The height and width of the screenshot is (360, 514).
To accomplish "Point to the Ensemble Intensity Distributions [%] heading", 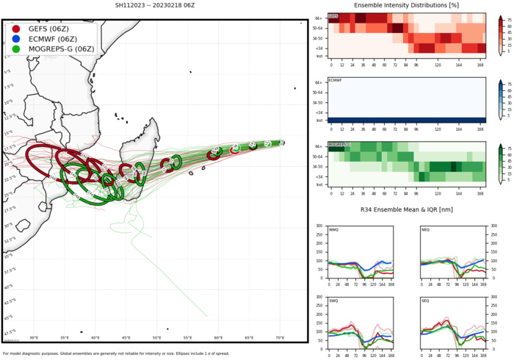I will (x=406, y=6).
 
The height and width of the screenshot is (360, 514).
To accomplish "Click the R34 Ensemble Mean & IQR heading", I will (x=406, y=211).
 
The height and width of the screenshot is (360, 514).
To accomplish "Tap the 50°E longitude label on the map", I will (x=156, y=337).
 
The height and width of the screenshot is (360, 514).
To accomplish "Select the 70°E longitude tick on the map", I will (x=280, y=337).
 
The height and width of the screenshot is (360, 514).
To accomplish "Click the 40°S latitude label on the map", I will (x=9, y=287).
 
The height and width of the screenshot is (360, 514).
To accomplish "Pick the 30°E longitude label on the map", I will (x=34, y=337).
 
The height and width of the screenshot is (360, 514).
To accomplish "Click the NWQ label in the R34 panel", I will (x=334, y=228).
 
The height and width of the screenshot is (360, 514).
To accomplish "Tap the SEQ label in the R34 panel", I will (x=426, y=301).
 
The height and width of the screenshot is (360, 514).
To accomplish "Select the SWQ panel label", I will (x=334, y=301).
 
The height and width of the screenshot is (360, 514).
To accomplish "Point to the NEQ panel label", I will (x=426, y=228).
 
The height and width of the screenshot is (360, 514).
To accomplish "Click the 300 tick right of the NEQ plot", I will (x=490, y=226).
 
